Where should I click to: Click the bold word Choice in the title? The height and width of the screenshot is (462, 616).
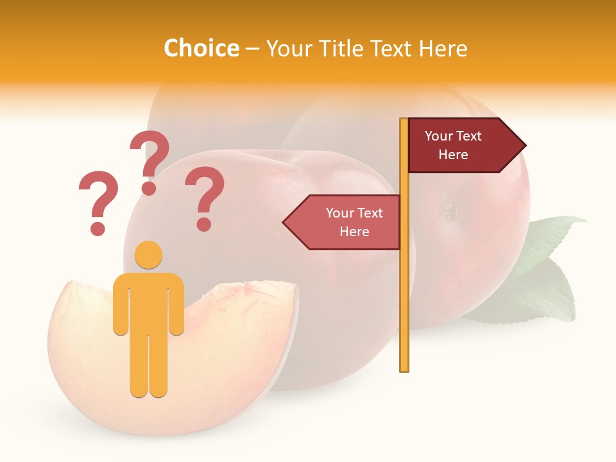pyautogui.click(x=201, y=48)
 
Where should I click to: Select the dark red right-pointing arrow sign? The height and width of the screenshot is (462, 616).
pyautogui.click(x=462, y=146)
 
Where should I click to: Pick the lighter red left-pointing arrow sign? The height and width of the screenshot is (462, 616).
pyautogui.click(x=346, y=222)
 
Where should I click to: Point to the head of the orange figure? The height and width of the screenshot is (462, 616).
pyautogui.click(x=148, y=255)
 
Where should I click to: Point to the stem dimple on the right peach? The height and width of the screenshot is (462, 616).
pyautogui.click(x=450, y=210)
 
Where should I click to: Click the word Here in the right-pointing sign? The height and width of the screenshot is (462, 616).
pyautogui.click(x=453, y=155)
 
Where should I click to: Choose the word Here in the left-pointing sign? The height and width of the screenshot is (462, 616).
pyautogui.click(x=354, y=232)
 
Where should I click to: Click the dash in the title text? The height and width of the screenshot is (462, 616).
pyautogui.click(x=252, y=49)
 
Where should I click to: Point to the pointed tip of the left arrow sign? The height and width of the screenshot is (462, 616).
pyautogui.click(x=285, y=222)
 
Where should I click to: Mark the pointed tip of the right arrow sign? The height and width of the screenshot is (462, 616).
pyautogui.click(x=524, y=146)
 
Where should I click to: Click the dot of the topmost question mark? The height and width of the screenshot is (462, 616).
pyautogui.click(x=149, y=188)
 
